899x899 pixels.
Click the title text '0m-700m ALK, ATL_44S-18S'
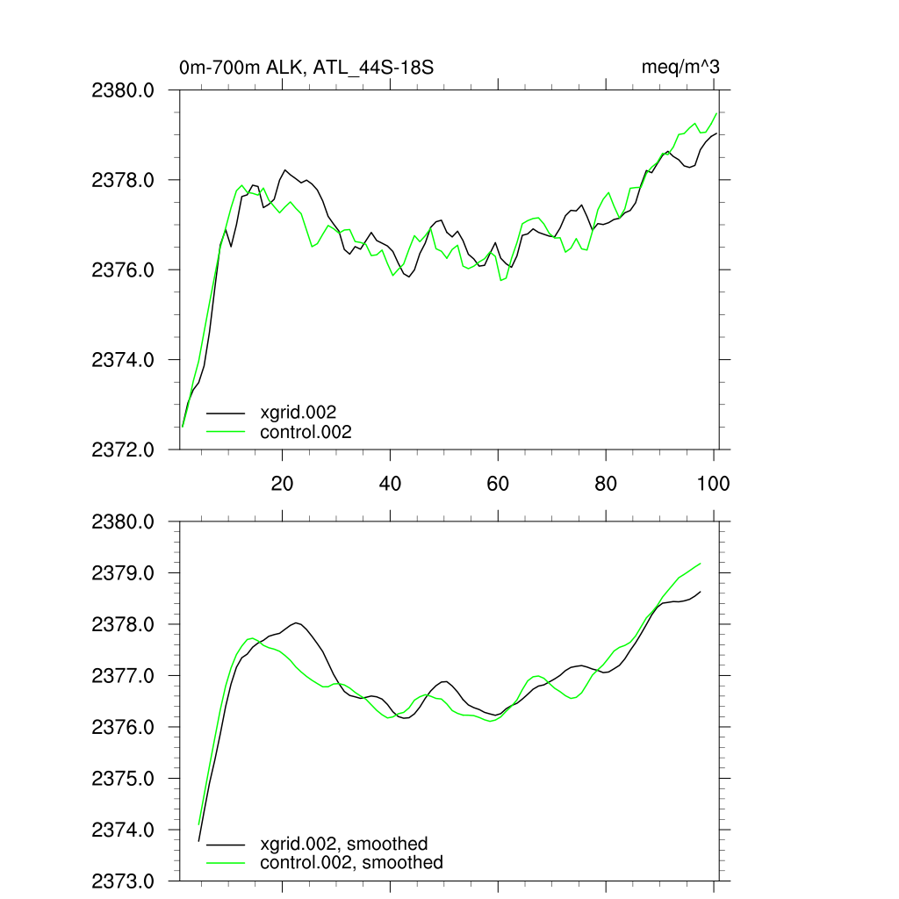[x=306, y=68]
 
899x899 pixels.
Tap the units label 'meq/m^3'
[x=681, y=68]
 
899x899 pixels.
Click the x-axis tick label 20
[x=283, y=484]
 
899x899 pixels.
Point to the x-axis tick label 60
[x=498, y=484]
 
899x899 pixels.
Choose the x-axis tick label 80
[x=606, y=484]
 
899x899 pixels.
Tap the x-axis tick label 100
[x=712, y=484]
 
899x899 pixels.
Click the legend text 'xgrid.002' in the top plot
[x=298, y=412]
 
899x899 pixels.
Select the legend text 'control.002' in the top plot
[x=306, y=432]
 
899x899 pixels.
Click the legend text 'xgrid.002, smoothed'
[x=344, y=844]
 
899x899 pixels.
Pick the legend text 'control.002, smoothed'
[x=351, y=863]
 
